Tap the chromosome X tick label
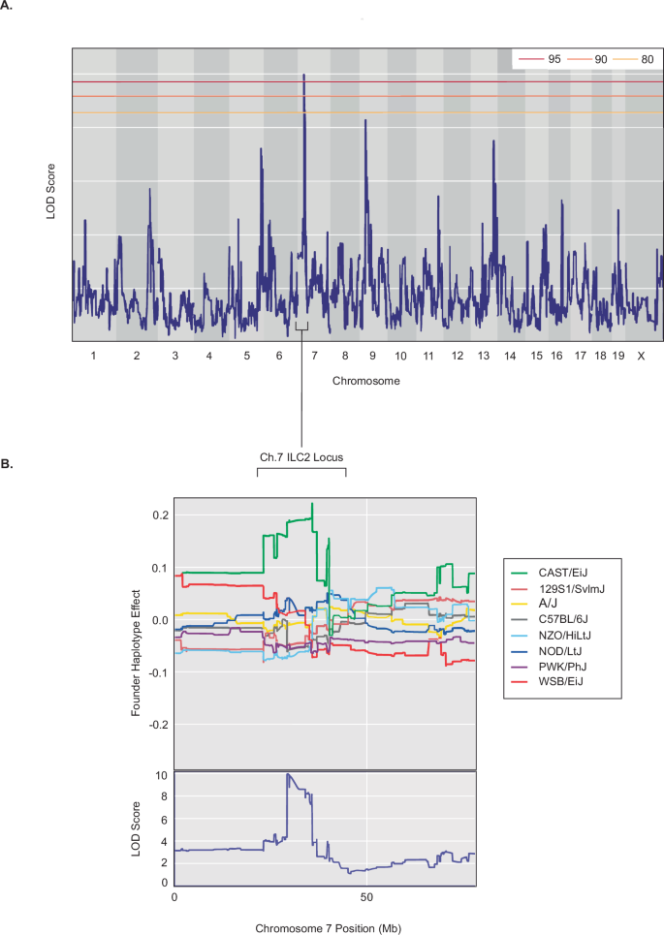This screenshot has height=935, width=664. click(x=641, y=357)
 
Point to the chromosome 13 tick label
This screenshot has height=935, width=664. click(x=483, y=357)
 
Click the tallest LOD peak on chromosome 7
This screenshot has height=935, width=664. click(x=304, y=75)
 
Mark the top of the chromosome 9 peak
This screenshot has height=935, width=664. click(x=365, y=120)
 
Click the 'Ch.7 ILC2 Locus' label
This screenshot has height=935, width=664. click(x=301, y=456)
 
